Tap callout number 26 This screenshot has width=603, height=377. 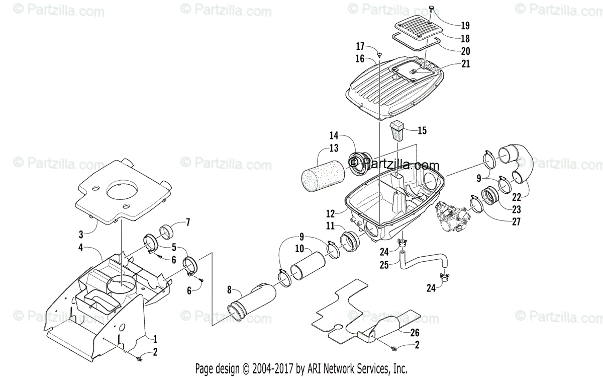click(415, 333)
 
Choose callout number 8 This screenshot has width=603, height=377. click(230, 290)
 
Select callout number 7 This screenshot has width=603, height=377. click(174, 221)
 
